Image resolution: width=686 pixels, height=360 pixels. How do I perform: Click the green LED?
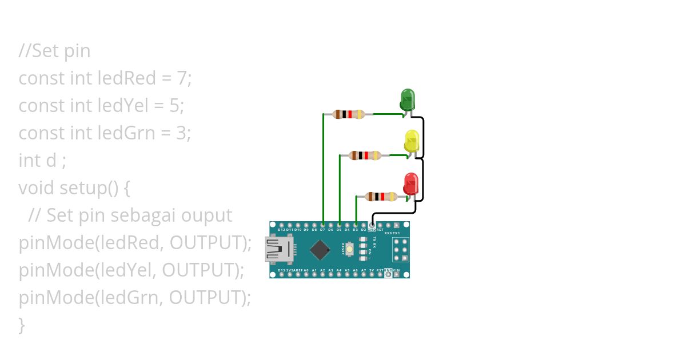click(x=407, y=99)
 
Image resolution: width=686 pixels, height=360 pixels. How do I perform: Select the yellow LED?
click(x=411, y=141)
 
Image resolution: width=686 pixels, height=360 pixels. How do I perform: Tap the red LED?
click(x=410, y=183)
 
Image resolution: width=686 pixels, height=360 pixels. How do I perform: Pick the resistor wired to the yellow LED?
click(x=365, y=155)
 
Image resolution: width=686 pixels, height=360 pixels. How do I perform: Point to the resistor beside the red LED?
click(x=381, y=197)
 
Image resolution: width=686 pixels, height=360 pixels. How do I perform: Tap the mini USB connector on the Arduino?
click(x=278, y=250)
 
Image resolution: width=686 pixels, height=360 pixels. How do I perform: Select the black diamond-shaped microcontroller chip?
click(x=320, y=250)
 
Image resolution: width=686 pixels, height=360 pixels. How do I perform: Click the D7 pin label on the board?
click(x=323, y=230)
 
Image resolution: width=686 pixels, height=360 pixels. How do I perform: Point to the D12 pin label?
click(x=281, y=230)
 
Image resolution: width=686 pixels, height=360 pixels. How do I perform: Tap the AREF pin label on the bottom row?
click(x=298, y=270)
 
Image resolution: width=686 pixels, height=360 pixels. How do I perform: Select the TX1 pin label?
click(x=397, y=233)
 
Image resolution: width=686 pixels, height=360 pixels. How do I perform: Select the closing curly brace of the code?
click(x=22, y=325)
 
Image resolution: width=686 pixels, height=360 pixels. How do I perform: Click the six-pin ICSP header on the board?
click(x=401, y=250)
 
